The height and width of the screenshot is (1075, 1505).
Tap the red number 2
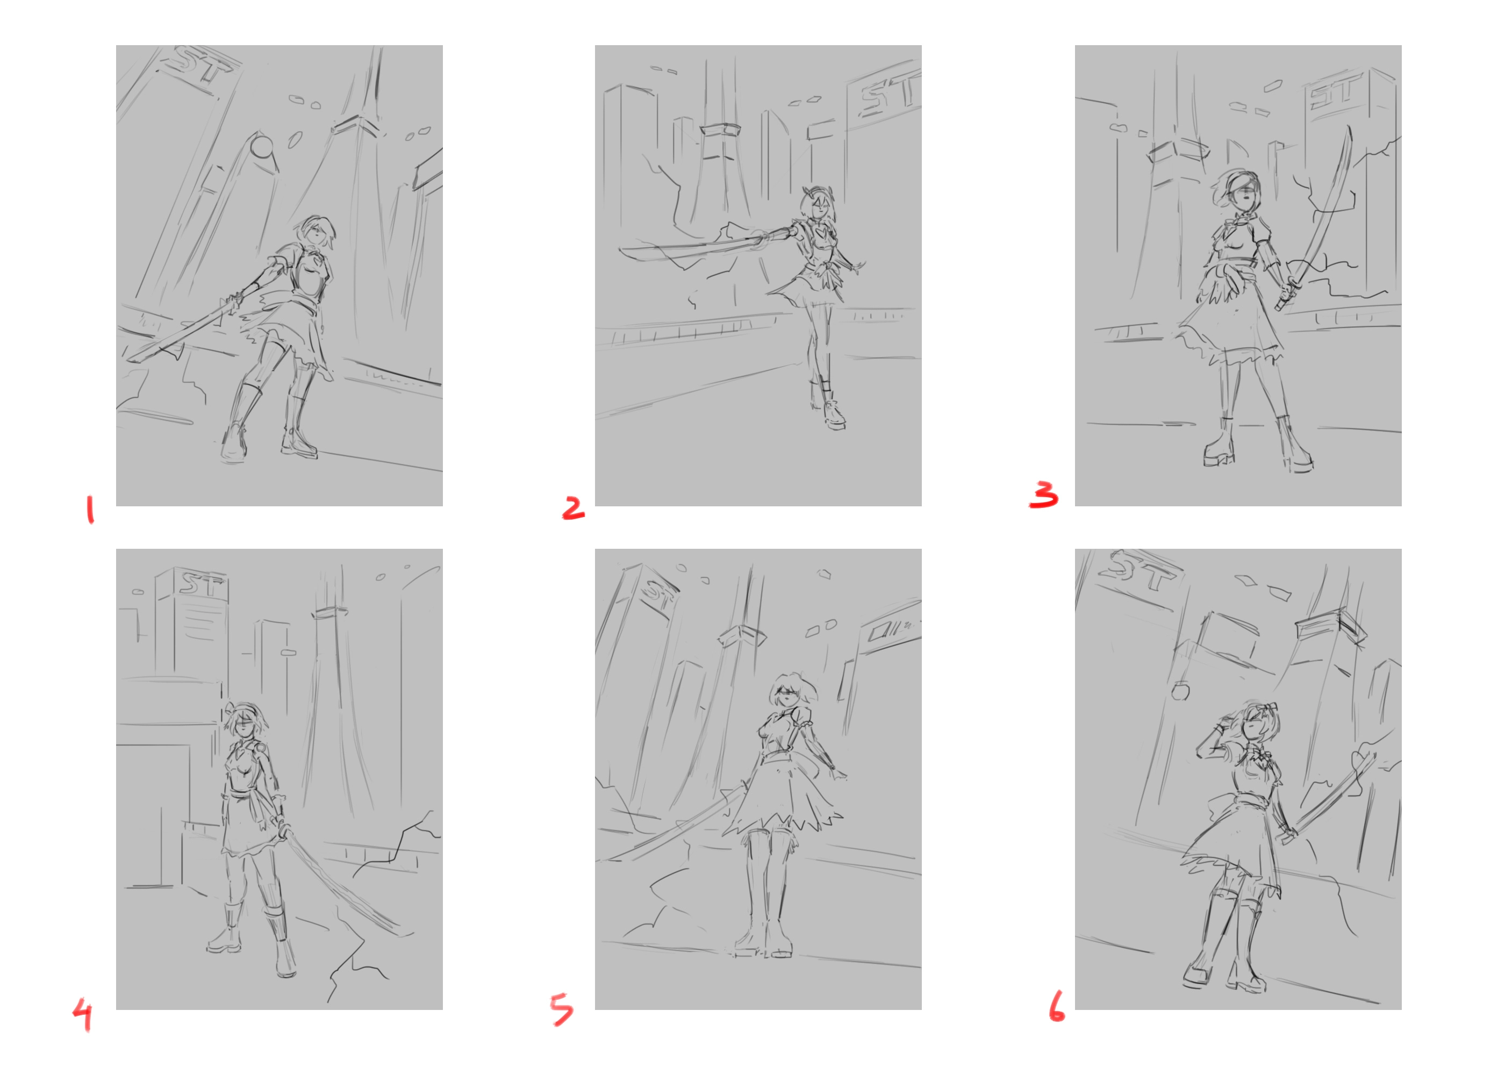[573, 508]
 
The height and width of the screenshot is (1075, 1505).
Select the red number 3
[1044, 494]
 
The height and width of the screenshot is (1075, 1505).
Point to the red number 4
[83, 1015]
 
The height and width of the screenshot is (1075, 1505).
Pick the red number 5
[562, 1009]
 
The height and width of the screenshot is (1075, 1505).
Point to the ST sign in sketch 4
[203, 584]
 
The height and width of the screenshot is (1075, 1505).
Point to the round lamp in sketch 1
[263, 147]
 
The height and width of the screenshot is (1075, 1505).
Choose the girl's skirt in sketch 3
[1230, 318]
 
